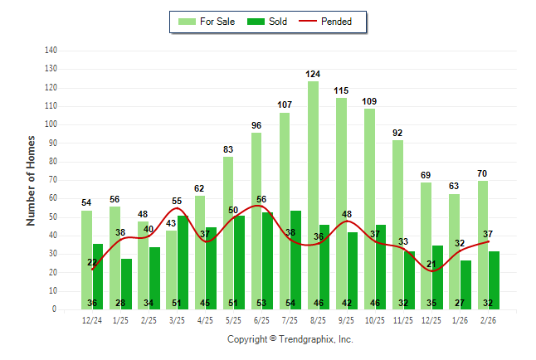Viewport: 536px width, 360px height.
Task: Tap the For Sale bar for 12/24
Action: (86, 259)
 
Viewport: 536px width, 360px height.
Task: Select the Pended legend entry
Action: (335, 22)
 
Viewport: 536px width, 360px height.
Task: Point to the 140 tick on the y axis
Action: (51, 51)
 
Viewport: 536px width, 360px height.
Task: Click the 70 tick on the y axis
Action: (52, 180)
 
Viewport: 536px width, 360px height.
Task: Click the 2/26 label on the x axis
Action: (488, 320)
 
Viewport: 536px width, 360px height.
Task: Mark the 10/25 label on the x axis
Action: (375, 320)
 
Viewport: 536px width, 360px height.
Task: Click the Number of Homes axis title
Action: (32, 180)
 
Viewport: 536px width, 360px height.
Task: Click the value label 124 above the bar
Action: (313, 75)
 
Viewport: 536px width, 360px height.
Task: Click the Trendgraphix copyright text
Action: (290, 339)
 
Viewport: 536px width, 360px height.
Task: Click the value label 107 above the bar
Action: (285, 105)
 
